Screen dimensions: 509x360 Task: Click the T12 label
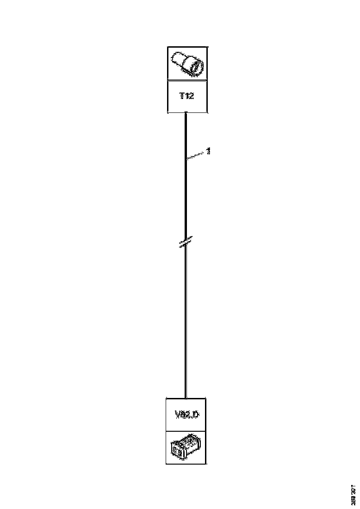[187, 96]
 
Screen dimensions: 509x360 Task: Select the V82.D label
[186, 415]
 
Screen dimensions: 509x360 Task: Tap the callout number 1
[209, 151]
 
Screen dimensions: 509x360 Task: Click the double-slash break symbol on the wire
[186, 242]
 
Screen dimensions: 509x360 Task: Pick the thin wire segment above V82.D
[186, 324]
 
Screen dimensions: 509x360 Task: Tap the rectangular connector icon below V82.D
[186, 447]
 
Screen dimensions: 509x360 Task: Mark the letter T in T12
[182, 96]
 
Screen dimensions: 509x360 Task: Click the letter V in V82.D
[178, 415]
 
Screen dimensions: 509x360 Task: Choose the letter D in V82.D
[195, 415]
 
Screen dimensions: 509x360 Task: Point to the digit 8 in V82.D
[184, 415]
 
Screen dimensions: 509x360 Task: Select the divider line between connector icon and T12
[187, 80]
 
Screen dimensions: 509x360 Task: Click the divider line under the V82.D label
[186, 431]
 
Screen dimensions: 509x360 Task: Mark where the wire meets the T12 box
[186, 113]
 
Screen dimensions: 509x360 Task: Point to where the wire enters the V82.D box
[186, 397]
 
